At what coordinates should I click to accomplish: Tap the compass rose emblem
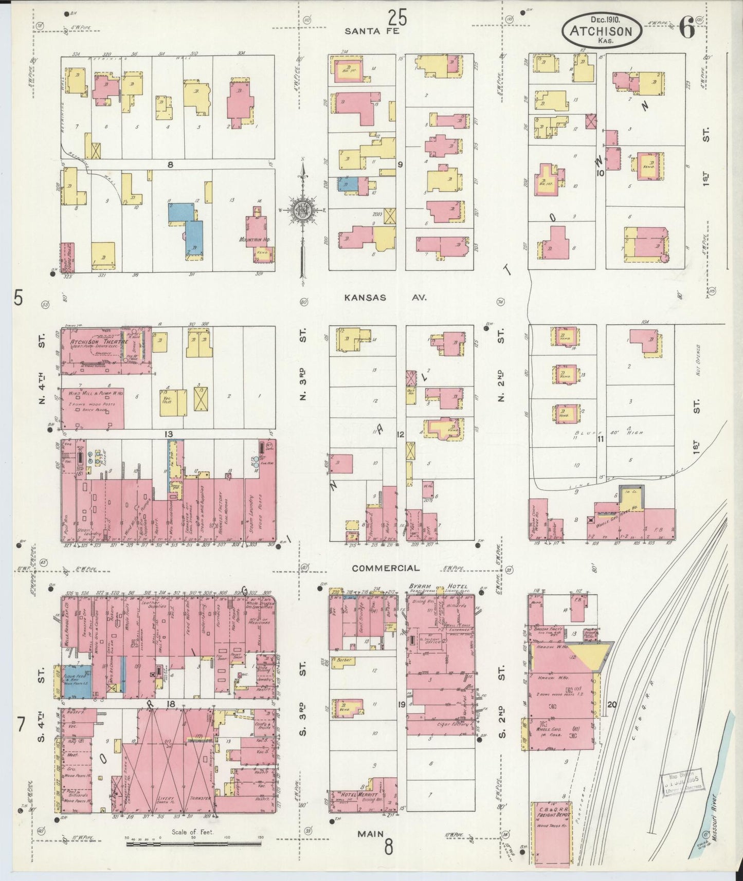pos(302,211)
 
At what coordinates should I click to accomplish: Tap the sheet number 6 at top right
pos(686,29)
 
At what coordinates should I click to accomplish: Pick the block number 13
pos(169,434)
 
